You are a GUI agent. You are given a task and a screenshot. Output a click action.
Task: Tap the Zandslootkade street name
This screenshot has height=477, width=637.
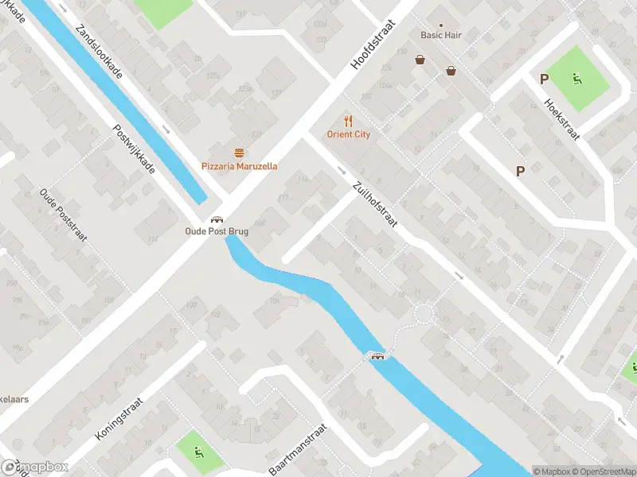pyautogui.click(x=99, y=52)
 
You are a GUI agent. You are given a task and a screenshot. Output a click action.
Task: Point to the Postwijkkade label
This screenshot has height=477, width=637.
pyautogui.click(x=133, y=149)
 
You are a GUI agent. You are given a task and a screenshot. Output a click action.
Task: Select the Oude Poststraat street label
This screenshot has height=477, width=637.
pyautogui.click(x=64, y=215)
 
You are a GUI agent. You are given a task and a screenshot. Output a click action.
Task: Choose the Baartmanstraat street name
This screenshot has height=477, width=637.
pyautogui.click(x=297, y=449)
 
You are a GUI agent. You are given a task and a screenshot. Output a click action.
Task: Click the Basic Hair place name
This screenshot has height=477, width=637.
pyautogui.click(x=441, y=35)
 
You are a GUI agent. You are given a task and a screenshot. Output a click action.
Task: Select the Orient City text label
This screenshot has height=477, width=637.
pyautogui.click(x=348, y=134)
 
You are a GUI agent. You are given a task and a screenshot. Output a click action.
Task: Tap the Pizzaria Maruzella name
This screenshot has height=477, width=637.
pyautogui.click(x=239, y=166)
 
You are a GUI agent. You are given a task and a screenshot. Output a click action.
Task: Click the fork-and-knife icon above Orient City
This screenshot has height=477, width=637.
pyautogui.click(x=348, y=121)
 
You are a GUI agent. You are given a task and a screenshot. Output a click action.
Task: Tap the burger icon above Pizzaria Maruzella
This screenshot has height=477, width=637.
pyautogui.click(x=239, y=152)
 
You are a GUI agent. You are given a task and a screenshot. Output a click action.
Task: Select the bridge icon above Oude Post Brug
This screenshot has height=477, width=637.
pyautogui.click(x=215, y=219)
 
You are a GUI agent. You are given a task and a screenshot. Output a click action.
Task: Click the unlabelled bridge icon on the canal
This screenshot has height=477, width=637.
pyautogui.click(x=377, y=355)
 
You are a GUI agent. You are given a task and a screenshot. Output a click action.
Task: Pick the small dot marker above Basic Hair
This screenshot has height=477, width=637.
pyautogui.click(x=441, y=25)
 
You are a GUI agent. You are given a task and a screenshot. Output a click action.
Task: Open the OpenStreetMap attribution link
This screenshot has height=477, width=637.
pyautogui.click(x=604, y=471)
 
